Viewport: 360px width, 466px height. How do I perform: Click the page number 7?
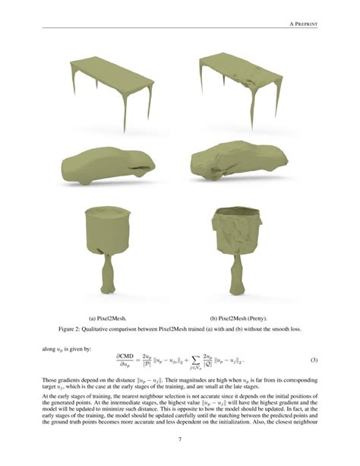click(179, 439)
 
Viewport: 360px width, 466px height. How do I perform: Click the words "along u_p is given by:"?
click(68, 349)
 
